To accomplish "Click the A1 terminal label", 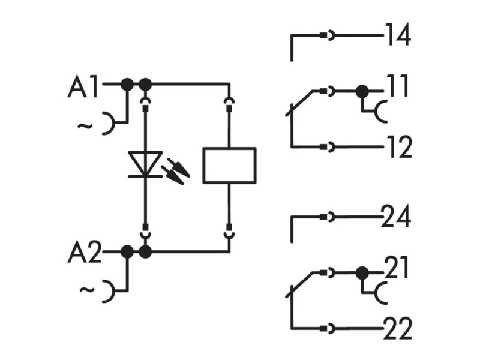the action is tap(83, 86).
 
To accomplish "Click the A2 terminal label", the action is tap(84, 252).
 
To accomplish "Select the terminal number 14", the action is tap(398, 35).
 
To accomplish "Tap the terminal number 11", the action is tap(397, 86).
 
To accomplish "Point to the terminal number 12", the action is tap(400, 147).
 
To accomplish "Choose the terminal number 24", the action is tap(396, 217).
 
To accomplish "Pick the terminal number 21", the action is tap(396, 267).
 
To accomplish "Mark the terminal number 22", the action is tap(398, 328).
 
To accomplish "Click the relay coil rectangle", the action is tap(230, 166).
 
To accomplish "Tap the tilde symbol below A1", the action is tap(85, 126).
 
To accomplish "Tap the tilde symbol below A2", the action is tap(87, 290).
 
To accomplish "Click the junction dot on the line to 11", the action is tap(362, 91).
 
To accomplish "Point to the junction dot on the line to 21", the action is tap(362, 273).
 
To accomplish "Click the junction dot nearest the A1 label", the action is tap(127, 84).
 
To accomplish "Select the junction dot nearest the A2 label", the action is tap(127, 252).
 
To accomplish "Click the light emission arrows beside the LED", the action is tap(175, 172).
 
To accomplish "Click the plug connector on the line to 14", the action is tap(327, 35).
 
